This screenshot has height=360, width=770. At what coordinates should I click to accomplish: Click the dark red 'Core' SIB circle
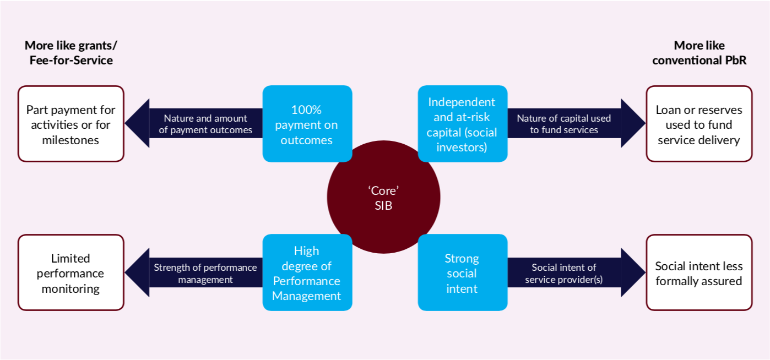pyautogui.click(x=384, y=197)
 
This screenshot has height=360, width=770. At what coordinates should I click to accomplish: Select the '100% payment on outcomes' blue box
pyautogui.click(x=307, y=124)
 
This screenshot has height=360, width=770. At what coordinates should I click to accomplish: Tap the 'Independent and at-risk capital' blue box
pyautogui.click(x=463, y=124)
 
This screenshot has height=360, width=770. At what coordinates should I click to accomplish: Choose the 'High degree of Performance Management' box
pyautogui.click(x=307, y=272)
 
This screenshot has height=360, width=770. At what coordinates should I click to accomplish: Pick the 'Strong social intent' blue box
pyautogui.click(x=463, y=272)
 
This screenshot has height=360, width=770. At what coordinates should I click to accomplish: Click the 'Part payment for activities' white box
pyautogui.click(x=71, y=124)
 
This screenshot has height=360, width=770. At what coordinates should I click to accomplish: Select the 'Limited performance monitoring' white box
pyautogui.click(x=71, y=272)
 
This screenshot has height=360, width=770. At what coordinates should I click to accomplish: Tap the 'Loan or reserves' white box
pyautogui.click(x=699, y=124)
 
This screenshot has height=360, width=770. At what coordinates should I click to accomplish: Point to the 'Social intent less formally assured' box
pyautogui.click(x=699, y=272)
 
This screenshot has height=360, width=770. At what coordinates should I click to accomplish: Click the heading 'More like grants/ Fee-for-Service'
pyautogui.click(x=71, y=52)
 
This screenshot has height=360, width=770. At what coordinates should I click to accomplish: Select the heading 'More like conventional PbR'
pyautogui.click(x=699, y=52)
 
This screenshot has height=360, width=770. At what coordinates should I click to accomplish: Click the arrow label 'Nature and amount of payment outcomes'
pyautogui.click(x=205, y=124)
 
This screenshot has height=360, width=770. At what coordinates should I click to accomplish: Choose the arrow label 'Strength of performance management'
pyautogui.click(x=205, y=273)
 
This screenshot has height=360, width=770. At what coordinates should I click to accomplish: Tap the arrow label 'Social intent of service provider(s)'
pyautogui.click(x=564, y=273)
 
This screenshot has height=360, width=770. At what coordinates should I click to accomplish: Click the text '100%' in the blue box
pyautogui.click(x=306, y=110)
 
